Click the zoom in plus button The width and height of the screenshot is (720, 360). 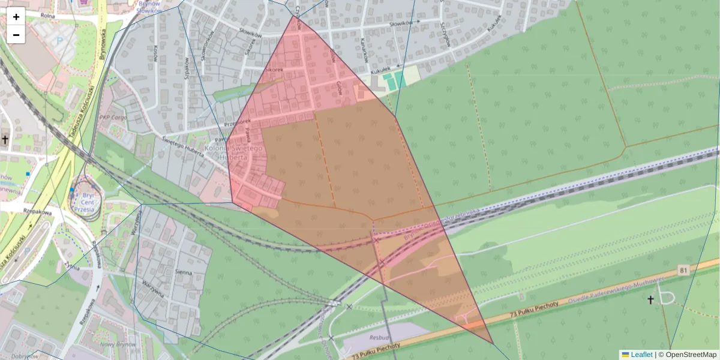click(16, 17)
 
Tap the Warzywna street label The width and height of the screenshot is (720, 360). click(153, 288)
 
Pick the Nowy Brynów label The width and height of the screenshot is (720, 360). click(115, 344)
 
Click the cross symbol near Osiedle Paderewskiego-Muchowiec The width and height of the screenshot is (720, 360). click(650, 299)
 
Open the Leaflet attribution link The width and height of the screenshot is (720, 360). click(641, 355)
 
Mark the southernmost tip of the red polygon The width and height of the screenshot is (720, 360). click(493, 344)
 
